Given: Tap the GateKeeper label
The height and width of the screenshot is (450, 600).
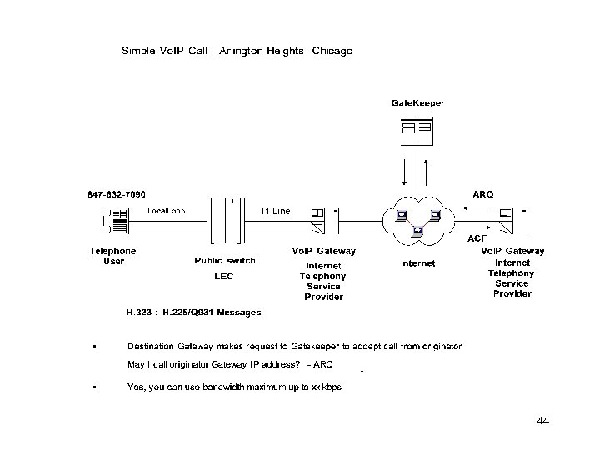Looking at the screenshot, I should [x=417, y=102].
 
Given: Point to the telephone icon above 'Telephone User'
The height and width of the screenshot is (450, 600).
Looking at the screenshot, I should [x=113, y=220].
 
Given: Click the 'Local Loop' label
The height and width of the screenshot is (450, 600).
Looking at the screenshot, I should [x=167, y=210].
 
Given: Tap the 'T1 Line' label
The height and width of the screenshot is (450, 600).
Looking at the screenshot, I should [x=275, y=211].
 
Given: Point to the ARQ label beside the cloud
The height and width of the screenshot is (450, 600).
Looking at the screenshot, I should [x=483, y=194].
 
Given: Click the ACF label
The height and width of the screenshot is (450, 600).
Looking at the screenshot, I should [x=477, y=238].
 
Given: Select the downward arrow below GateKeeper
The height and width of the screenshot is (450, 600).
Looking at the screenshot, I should [x=405, y=174].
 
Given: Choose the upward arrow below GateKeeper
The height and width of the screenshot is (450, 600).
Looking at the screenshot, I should [x=426, y=174].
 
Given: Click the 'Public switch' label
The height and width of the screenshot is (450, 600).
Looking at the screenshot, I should [x=225, y=260].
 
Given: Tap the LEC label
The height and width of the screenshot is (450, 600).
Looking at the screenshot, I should [x=224, y=276].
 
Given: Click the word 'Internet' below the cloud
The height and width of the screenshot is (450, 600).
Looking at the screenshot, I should [x=418, y=263].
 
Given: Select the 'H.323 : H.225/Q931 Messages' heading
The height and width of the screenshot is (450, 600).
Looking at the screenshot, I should [x=193, y=312].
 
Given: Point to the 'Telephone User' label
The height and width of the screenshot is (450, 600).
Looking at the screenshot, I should [x=113, y=256].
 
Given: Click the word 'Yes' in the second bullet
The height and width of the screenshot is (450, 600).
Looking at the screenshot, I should [x=134, y=387].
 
